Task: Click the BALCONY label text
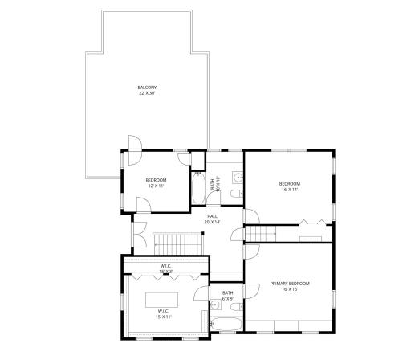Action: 147,90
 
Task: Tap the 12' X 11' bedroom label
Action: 155,182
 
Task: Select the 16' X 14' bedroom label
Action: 289,186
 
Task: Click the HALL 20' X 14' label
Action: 213,219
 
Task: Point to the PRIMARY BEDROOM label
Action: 290,287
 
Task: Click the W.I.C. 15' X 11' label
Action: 163,313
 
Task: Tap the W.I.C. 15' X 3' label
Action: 165,268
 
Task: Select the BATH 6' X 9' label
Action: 227,296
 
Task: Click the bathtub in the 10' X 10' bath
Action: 198,189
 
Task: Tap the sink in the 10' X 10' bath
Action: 238,176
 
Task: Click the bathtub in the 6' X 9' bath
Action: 225,325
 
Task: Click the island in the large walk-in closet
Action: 163,301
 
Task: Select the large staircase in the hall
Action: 177,241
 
